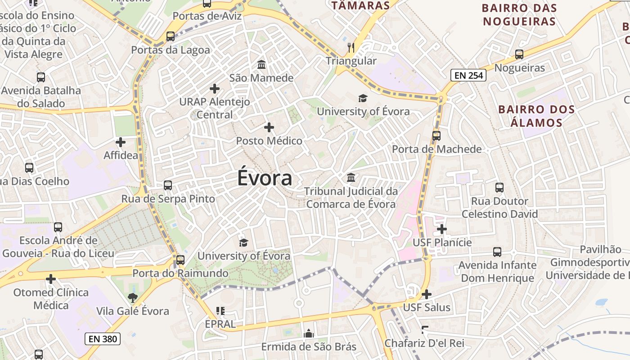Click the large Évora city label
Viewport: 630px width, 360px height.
(265, 178)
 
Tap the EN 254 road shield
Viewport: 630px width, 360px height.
(468, 75)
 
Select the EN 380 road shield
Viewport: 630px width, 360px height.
(103, 339)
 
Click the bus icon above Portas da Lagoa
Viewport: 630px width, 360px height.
(170, 36)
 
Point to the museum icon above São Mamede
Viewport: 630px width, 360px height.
(261, 65)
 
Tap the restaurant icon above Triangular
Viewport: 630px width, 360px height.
(351, 47)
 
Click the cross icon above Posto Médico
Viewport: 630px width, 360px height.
(269, 127)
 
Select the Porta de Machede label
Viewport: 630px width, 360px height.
(436, 149)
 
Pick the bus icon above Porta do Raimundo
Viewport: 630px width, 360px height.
(180, 260)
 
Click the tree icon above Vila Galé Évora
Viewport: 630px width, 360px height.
(132, 297)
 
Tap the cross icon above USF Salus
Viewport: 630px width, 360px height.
(427, 294)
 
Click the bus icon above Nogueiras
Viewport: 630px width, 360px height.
(519, 54)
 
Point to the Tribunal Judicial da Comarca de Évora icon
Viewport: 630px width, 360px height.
(351, 178)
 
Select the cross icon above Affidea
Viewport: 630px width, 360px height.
(121, 142)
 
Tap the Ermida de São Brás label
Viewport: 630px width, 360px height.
(309, 347)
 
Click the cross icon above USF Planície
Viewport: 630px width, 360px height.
(442, 229)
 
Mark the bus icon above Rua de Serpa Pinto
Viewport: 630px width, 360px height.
(168, 185)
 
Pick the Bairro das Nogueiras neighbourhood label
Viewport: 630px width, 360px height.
(519, 14)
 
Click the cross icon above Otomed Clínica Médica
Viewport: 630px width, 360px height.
(51, 279)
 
